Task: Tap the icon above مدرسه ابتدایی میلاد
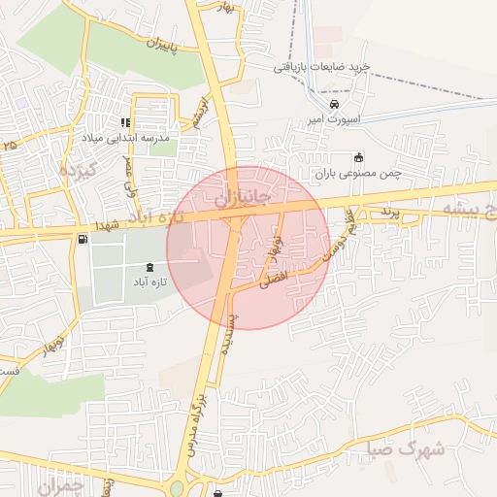point(125,122)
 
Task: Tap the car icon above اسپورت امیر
point(334,103)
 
